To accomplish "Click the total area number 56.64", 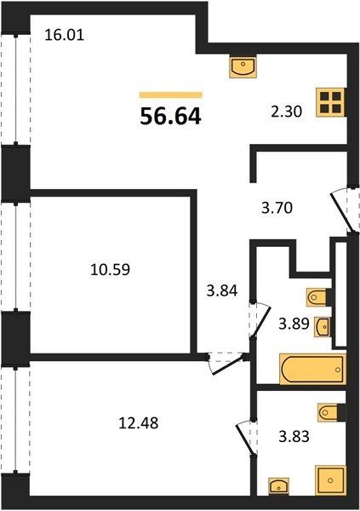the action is tap(170, 117).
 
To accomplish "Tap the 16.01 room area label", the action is tap(64, 35).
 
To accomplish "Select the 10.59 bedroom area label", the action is tap(110, 269).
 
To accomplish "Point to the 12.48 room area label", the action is tap(139, 423).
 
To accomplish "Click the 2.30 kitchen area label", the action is tap(287, 112).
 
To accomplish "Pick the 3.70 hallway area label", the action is tap(277, 208).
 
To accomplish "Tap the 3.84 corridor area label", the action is tap(222, 290).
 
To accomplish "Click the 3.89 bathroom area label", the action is tap(294, 324).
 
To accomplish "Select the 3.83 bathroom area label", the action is tap(294, 436).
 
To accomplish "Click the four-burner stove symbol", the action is tap(330, 102).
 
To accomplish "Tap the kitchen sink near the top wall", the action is tap(243, 66).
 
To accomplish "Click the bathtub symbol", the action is tap(312, 370).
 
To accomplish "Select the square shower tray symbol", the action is tap(330, 480).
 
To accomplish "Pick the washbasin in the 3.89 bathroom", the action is tap(323, 326).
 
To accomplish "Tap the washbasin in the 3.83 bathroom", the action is tap(279, 487).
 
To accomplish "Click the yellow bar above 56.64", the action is tap(171, 95).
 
